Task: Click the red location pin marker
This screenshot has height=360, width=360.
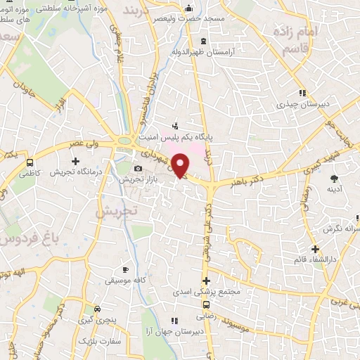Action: point(181,165)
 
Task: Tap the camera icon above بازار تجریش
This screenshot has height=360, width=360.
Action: point(138,169)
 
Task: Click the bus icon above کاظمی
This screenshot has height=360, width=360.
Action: point(29,162)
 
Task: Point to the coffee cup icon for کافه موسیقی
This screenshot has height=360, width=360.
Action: point(126,269)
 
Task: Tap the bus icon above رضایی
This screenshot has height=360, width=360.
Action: point(206,305)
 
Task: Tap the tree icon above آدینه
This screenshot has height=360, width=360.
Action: point(333,179)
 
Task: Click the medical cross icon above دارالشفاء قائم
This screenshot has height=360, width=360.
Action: point(316,249)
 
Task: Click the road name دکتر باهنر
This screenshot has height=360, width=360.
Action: point(246,181)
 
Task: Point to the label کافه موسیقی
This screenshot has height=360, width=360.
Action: point(126,281)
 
